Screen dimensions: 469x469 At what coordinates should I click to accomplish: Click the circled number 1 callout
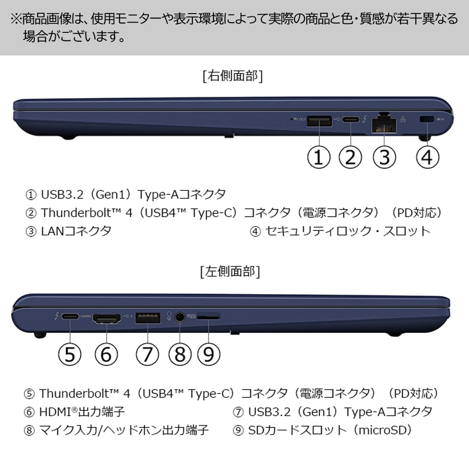click(x=319, y=157)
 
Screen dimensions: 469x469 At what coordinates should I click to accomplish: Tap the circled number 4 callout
click(x=428, y=157)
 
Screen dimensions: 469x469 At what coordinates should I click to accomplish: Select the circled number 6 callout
click(x=107, y=354)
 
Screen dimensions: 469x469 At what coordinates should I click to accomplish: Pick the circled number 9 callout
click(x=209, y=354)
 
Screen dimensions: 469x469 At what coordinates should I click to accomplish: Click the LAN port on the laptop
click(x=384, y=123)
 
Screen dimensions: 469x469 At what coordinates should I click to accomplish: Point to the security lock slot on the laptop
click(x=427, y=120)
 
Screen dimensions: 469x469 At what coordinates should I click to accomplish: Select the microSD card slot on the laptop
click(x=208, y=318)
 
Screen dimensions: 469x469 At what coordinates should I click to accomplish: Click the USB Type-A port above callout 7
click(x=148, y=318)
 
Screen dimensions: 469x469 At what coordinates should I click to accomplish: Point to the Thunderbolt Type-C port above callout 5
click(x=70, y=317)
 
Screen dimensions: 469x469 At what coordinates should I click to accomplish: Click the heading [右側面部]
click(x=233, y=76)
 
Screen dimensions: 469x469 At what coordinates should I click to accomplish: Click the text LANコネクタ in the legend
click(x=76, y=231)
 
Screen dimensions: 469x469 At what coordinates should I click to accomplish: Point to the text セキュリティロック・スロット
click(x=348, y=231)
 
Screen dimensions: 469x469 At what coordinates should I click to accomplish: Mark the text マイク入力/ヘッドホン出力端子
click(x=124, y=430)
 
